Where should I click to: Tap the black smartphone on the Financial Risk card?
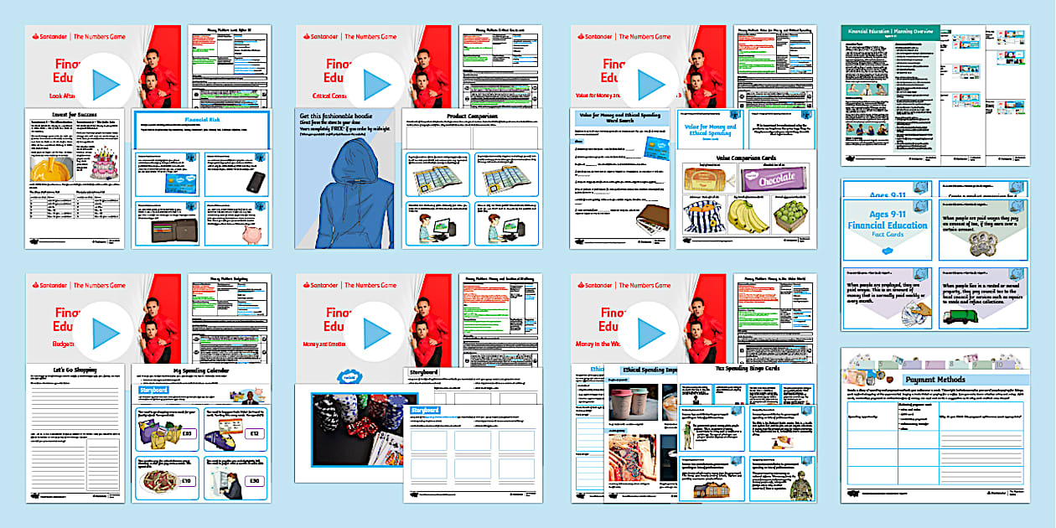point(255,182)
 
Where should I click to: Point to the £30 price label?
point(253,481)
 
